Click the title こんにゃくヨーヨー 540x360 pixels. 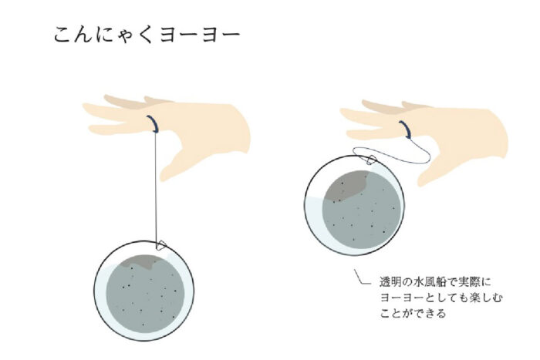point(147,35)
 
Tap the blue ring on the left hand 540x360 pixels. point(154,124)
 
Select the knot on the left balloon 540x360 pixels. point(161,245)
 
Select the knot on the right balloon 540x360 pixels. point(371,160)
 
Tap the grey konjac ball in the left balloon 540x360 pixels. point(145,294)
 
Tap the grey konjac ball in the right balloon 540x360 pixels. point(362,210)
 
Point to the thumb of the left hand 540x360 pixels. point(178,162)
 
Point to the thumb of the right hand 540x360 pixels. point(437,168)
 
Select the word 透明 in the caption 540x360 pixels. point(386,282)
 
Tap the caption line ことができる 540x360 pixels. point(413,313)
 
